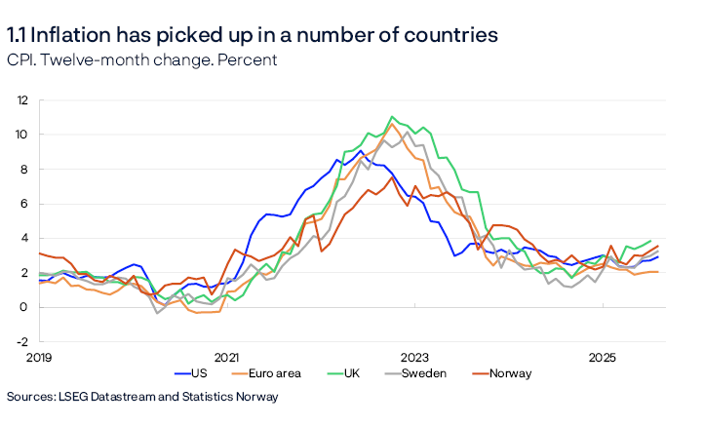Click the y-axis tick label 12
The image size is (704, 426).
21,99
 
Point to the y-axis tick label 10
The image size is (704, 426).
21,134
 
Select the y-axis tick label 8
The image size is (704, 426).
24,169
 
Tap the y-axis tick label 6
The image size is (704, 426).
24,203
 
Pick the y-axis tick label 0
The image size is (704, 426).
24,307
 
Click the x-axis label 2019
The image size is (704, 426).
38,358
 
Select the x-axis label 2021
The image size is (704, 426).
226,358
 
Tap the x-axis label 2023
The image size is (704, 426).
414,358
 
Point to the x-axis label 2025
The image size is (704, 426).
603,358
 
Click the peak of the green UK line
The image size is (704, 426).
392,117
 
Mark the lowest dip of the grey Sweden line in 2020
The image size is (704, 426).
158,313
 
